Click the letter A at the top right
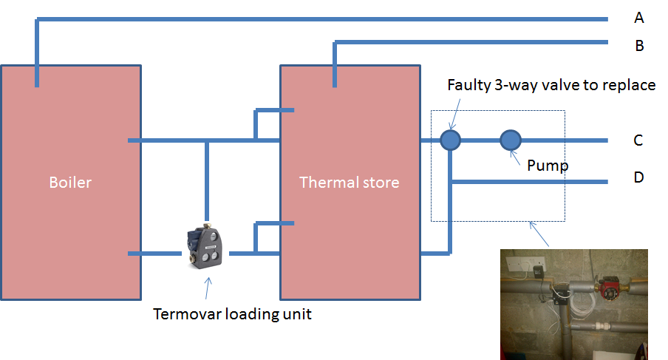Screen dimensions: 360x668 638,17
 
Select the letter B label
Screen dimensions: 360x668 639,46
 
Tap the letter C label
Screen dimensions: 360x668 638,140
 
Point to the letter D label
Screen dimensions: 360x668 638,177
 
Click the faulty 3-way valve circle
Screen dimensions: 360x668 450,140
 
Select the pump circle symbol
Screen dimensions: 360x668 511,140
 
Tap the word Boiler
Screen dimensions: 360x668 71,182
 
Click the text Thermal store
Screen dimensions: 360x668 349,182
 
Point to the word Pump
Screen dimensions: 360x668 548,166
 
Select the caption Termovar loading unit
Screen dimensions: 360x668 232,314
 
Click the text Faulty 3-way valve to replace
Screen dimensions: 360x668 551,85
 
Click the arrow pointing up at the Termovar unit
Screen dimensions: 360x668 208,286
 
